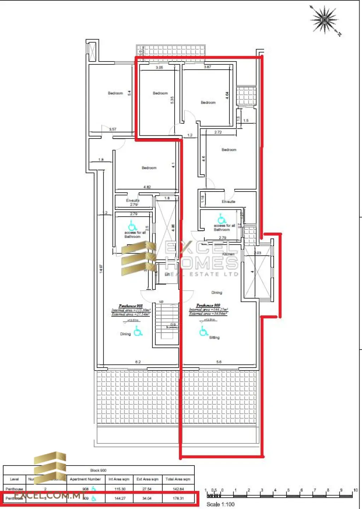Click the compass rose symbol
(325, 20)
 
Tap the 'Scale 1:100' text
(220, 504)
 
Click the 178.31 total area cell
(178, 498)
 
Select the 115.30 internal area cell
(120, 489)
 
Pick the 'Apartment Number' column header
(85, 479)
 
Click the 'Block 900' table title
(98, 470)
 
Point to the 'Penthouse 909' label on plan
(208, 305)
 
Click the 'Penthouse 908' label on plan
(130, 306)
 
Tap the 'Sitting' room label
(214, 338)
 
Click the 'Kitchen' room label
(228, 254)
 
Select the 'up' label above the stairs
(161, 302)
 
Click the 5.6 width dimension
(219, 362)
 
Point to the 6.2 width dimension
(138, 362)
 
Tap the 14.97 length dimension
(101, 269)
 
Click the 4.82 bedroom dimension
(147, 187)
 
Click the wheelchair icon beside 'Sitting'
(203, 331)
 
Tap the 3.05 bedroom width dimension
(159, 68)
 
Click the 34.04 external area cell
(147, 498)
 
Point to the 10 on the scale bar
(355, 490)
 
